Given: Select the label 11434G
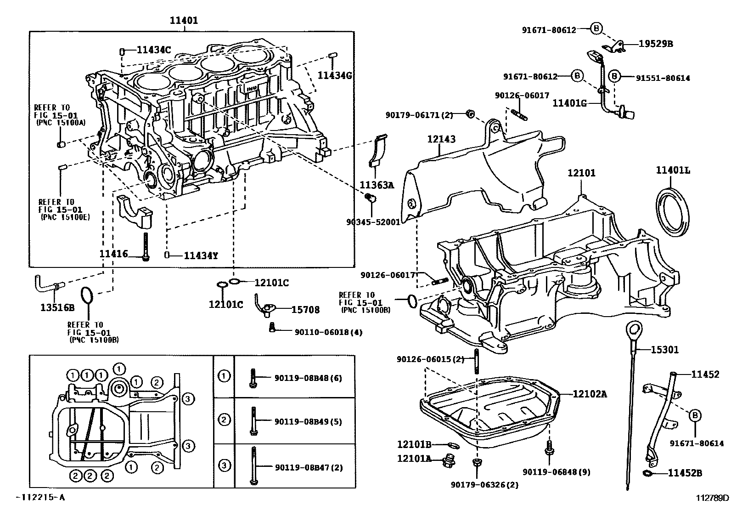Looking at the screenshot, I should (x=334, y=75).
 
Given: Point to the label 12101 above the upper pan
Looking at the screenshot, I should (x=581, y=173).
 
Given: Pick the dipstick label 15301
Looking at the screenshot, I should (x=664, y=350).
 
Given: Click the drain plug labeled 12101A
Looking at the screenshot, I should (x=449, y=461).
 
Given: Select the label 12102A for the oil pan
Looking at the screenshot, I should (x=590, y=394).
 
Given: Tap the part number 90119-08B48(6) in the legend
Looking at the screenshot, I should (x=308, y=378).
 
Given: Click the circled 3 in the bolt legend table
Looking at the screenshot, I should (x=224, y=465).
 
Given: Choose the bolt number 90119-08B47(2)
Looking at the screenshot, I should (x=308, y=468).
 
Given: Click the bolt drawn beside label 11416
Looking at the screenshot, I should (x=146, y=247).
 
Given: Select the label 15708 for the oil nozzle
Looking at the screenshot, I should (x=305, y=310).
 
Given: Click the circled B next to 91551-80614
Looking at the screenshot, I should (x=615, y=76).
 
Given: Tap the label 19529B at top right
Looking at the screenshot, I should (x=655, y=44).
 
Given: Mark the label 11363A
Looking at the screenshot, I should (x=377, y=185).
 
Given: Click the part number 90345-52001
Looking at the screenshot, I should (x=373, y=221).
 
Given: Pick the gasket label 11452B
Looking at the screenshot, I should (x=685, y=473).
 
